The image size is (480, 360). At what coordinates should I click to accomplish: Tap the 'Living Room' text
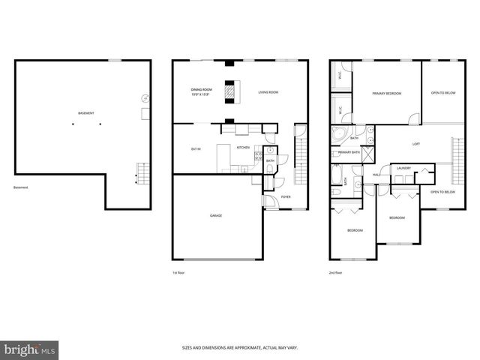click(268, 92)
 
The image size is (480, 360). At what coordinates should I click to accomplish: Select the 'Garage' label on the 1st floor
click(216, 215)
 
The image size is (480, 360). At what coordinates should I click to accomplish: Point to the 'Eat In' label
click(196, 149)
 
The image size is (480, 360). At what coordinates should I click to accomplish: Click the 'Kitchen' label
click(243, 148)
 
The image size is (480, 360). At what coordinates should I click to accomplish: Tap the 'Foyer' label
click(286, 196)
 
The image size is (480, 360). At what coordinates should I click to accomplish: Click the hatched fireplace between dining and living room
click(232, 92)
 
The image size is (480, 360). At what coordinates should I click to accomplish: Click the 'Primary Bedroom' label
click(387, 94)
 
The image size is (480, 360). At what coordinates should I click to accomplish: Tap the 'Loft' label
click(416, 143)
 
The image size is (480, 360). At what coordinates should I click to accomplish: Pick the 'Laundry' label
click(403, 168)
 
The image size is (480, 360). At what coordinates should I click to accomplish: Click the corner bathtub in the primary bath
click(339, 136)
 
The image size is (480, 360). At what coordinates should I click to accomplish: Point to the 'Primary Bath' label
click(349, 153)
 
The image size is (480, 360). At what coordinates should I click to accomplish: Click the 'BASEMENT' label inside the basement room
click(86, 113)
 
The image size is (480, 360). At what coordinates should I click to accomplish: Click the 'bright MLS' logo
click(31, 349)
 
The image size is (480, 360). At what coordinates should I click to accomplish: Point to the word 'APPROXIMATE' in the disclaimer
click(246, 347)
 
